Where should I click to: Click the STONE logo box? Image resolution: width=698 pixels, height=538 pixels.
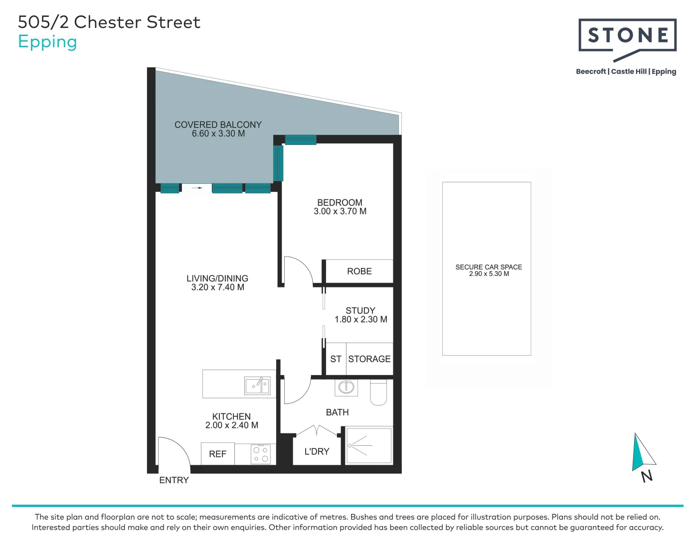point(627,35)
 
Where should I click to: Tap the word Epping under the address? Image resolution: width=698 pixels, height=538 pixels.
point(47,42)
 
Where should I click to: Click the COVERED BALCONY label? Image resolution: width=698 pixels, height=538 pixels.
point(218,125)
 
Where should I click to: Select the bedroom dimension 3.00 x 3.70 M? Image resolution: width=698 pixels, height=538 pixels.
point(340,211)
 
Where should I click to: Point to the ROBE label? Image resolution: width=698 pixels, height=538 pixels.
point(359,271)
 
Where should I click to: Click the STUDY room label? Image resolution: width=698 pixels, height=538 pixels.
point(360,310)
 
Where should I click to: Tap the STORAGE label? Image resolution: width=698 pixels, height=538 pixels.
point(369,359)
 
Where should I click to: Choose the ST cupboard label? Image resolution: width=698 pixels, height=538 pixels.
point(336,359)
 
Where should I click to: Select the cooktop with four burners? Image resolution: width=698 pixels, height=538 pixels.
point(260,454)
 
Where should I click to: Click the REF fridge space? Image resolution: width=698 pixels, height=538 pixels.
point(217,454)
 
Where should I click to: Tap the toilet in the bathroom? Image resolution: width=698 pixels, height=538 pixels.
point(378,393)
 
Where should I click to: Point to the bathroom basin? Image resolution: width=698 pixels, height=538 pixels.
point(346,387)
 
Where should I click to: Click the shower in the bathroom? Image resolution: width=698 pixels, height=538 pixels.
point(369,445)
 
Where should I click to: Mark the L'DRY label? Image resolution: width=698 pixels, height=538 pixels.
point(317,452)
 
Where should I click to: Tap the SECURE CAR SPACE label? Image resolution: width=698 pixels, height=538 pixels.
point(488,267)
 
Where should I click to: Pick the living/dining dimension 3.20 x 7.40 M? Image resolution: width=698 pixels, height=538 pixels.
point(217,287)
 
